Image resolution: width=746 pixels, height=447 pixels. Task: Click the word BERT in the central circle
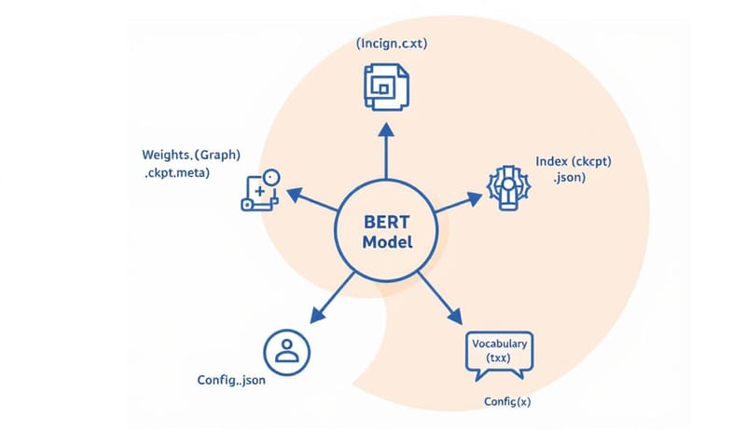coord(385,224)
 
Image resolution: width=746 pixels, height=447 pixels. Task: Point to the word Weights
coord(166,155)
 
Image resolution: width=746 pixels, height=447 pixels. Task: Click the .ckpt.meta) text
coord(176,173)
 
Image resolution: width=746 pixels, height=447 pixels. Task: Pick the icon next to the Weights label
coord(260,190)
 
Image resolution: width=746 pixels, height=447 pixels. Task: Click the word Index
coord(553,160)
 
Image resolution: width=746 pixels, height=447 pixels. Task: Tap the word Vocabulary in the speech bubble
coord(500,344)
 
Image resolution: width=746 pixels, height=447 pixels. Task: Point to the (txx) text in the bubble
coord(500,359)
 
